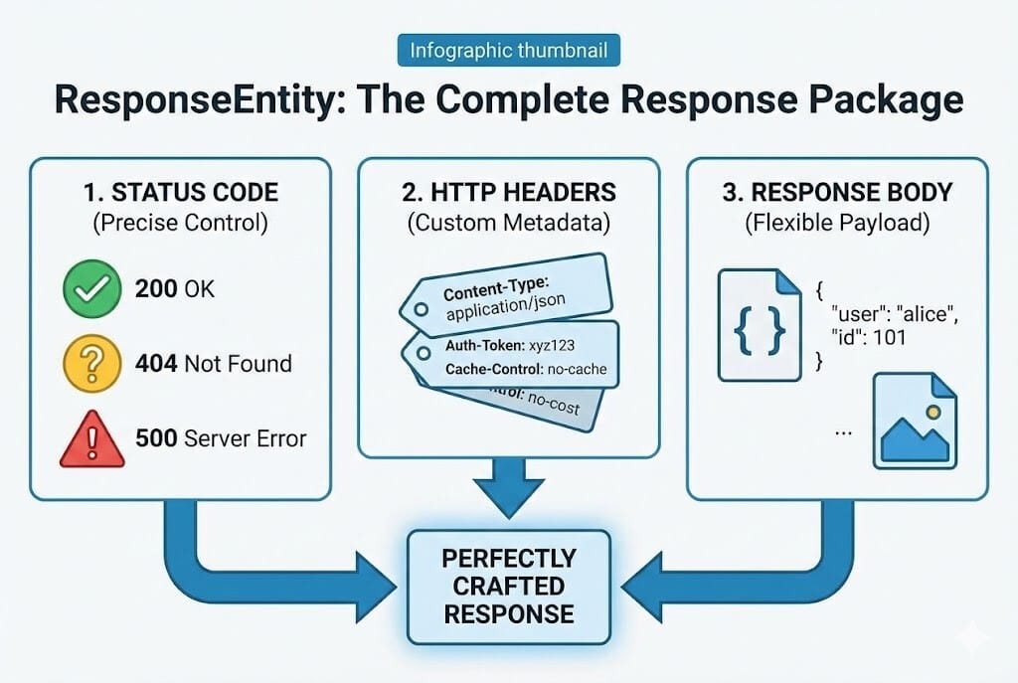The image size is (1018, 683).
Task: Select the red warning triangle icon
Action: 91,438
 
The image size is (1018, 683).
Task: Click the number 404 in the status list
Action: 157,363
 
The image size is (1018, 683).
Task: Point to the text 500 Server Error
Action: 221,438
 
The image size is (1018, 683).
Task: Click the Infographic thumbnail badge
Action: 509,50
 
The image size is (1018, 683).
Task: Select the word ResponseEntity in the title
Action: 182,100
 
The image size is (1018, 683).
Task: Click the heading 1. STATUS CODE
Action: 180,192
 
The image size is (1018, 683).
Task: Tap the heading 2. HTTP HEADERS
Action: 510,192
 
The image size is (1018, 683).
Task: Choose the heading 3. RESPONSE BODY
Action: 837,192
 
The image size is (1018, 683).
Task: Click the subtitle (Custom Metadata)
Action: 510,223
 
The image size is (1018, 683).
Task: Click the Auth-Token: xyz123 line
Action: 500,346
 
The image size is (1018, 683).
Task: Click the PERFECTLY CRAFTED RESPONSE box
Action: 509,585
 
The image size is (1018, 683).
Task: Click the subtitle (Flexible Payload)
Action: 837,223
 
